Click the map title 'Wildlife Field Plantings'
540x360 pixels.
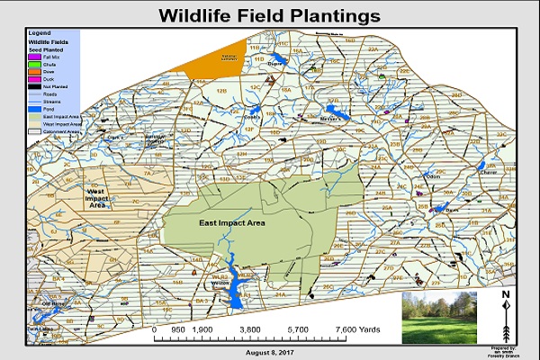(x=269, y=16)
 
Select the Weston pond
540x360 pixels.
(x=236, y=291)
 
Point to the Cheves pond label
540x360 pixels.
(x=490, y=175)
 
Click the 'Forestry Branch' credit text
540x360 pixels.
(x=507, y=355)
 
